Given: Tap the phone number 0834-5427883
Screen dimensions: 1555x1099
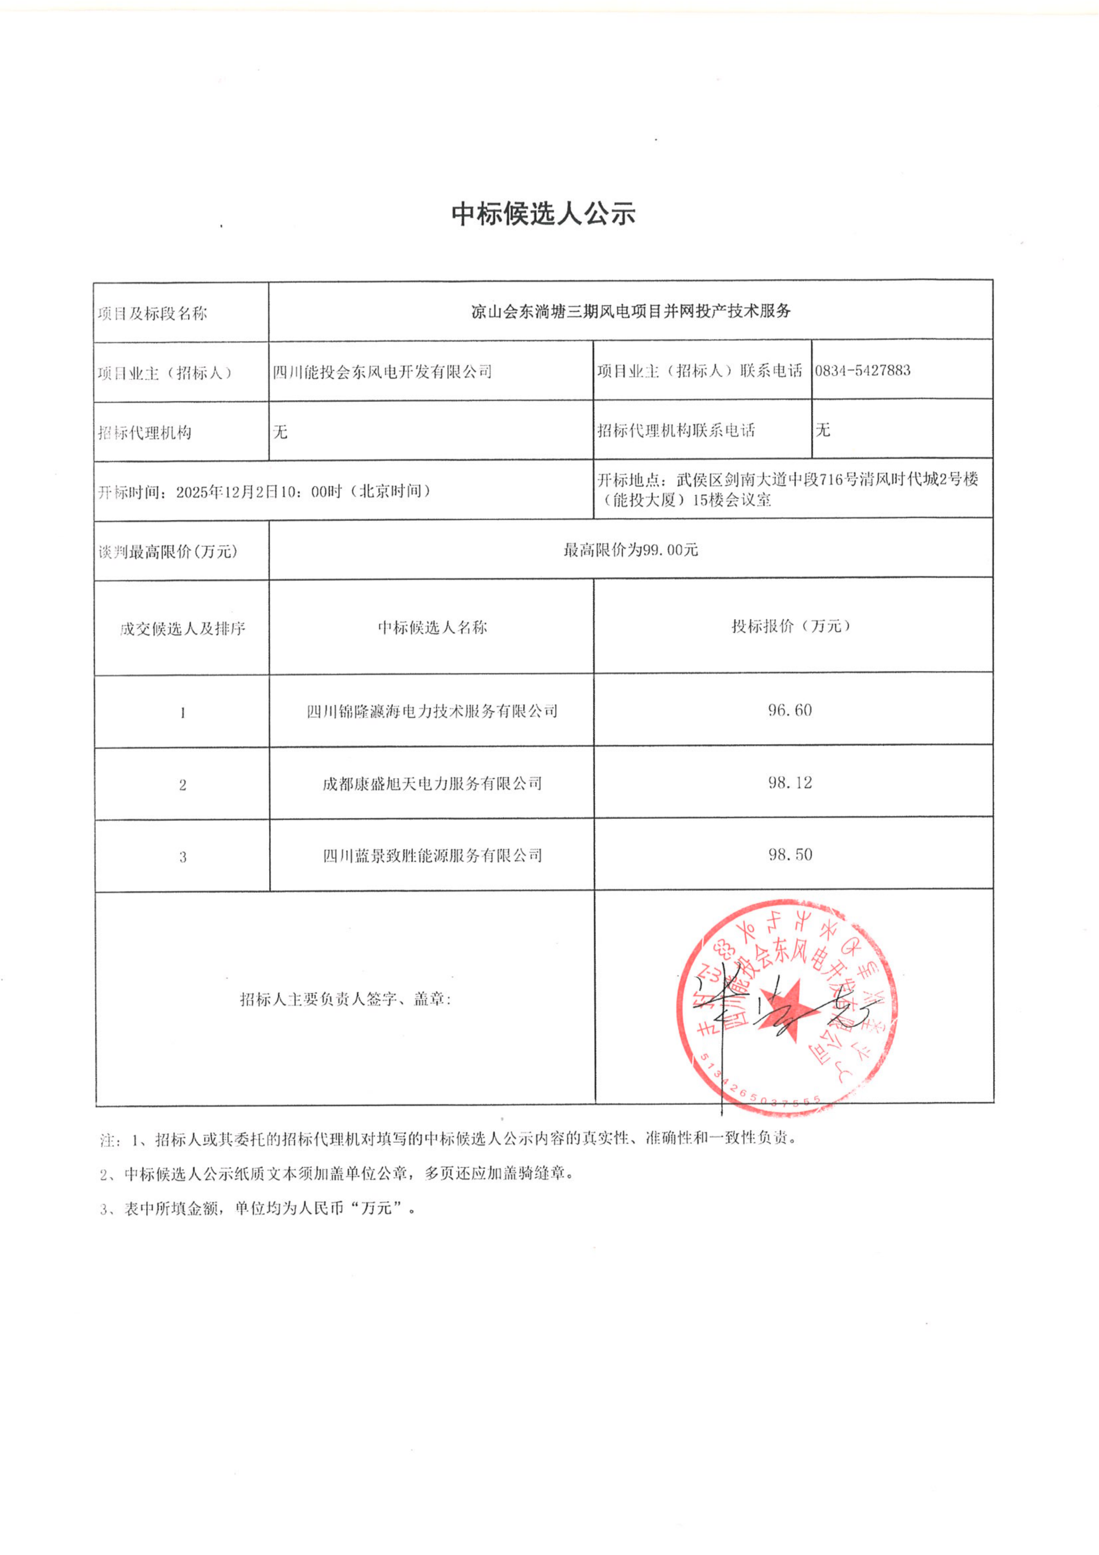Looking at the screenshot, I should pos(862,370).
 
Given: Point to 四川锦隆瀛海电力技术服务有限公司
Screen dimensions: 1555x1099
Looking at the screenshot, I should pos(432,711).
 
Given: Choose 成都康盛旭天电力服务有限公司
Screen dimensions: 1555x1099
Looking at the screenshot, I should pos(432,784).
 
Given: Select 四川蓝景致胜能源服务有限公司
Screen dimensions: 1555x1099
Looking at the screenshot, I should pos(432,855).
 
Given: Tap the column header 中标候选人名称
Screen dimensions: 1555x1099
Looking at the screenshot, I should pos(432,627).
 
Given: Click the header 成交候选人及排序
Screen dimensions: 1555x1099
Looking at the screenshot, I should pos(182,628).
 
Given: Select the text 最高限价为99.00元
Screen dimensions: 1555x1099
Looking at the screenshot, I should pos(631,550).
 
